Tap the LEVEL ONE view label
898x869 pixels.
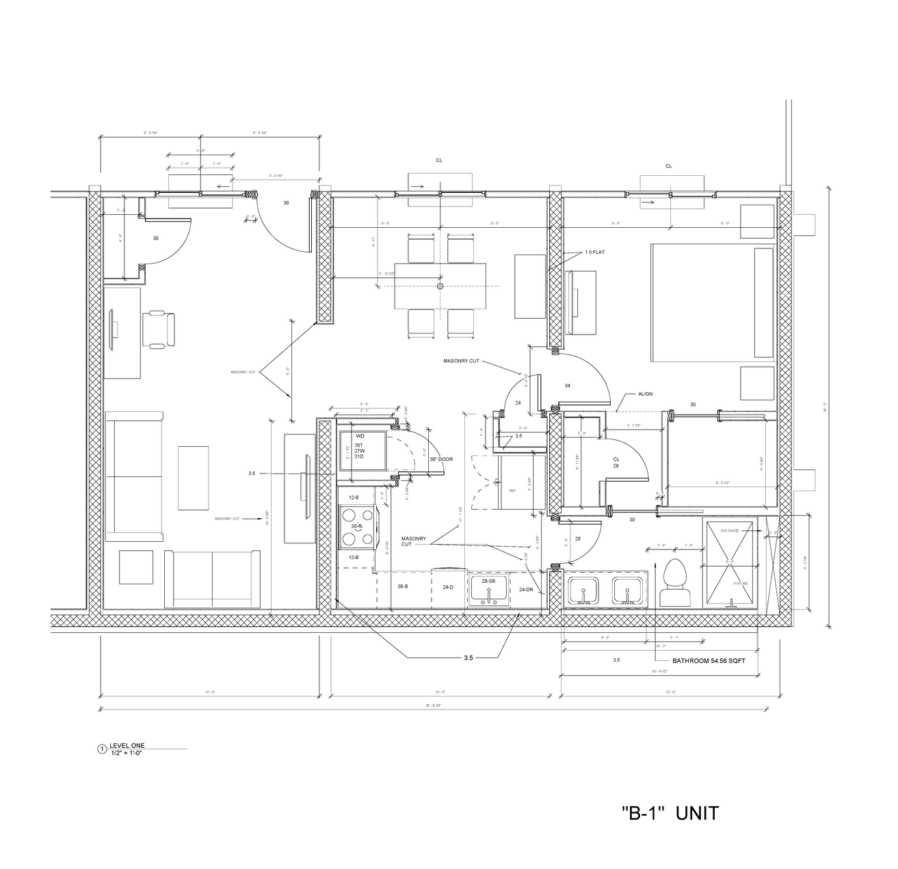127,745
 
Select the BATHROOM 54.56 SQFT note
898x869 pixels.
709,661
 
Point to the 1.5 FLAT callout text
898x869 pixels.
594,252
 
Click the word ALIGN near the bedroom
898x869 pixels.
645,395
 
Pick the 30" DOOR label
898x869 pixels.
441,459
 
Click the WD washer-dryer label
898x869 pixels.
360,435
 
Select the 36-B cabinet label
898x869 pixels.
404,586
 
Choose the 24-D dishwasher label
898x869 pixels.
448,587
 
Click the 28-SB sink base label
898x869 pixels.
488,581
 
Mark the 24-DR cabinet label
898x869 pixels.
527,589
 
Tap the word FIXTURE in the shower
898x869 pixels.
741,584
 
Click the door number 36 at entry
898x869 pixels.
286,203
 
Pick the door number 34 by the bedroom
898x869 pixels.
567,386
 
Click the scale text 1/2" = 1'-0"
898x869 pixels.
130,752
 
